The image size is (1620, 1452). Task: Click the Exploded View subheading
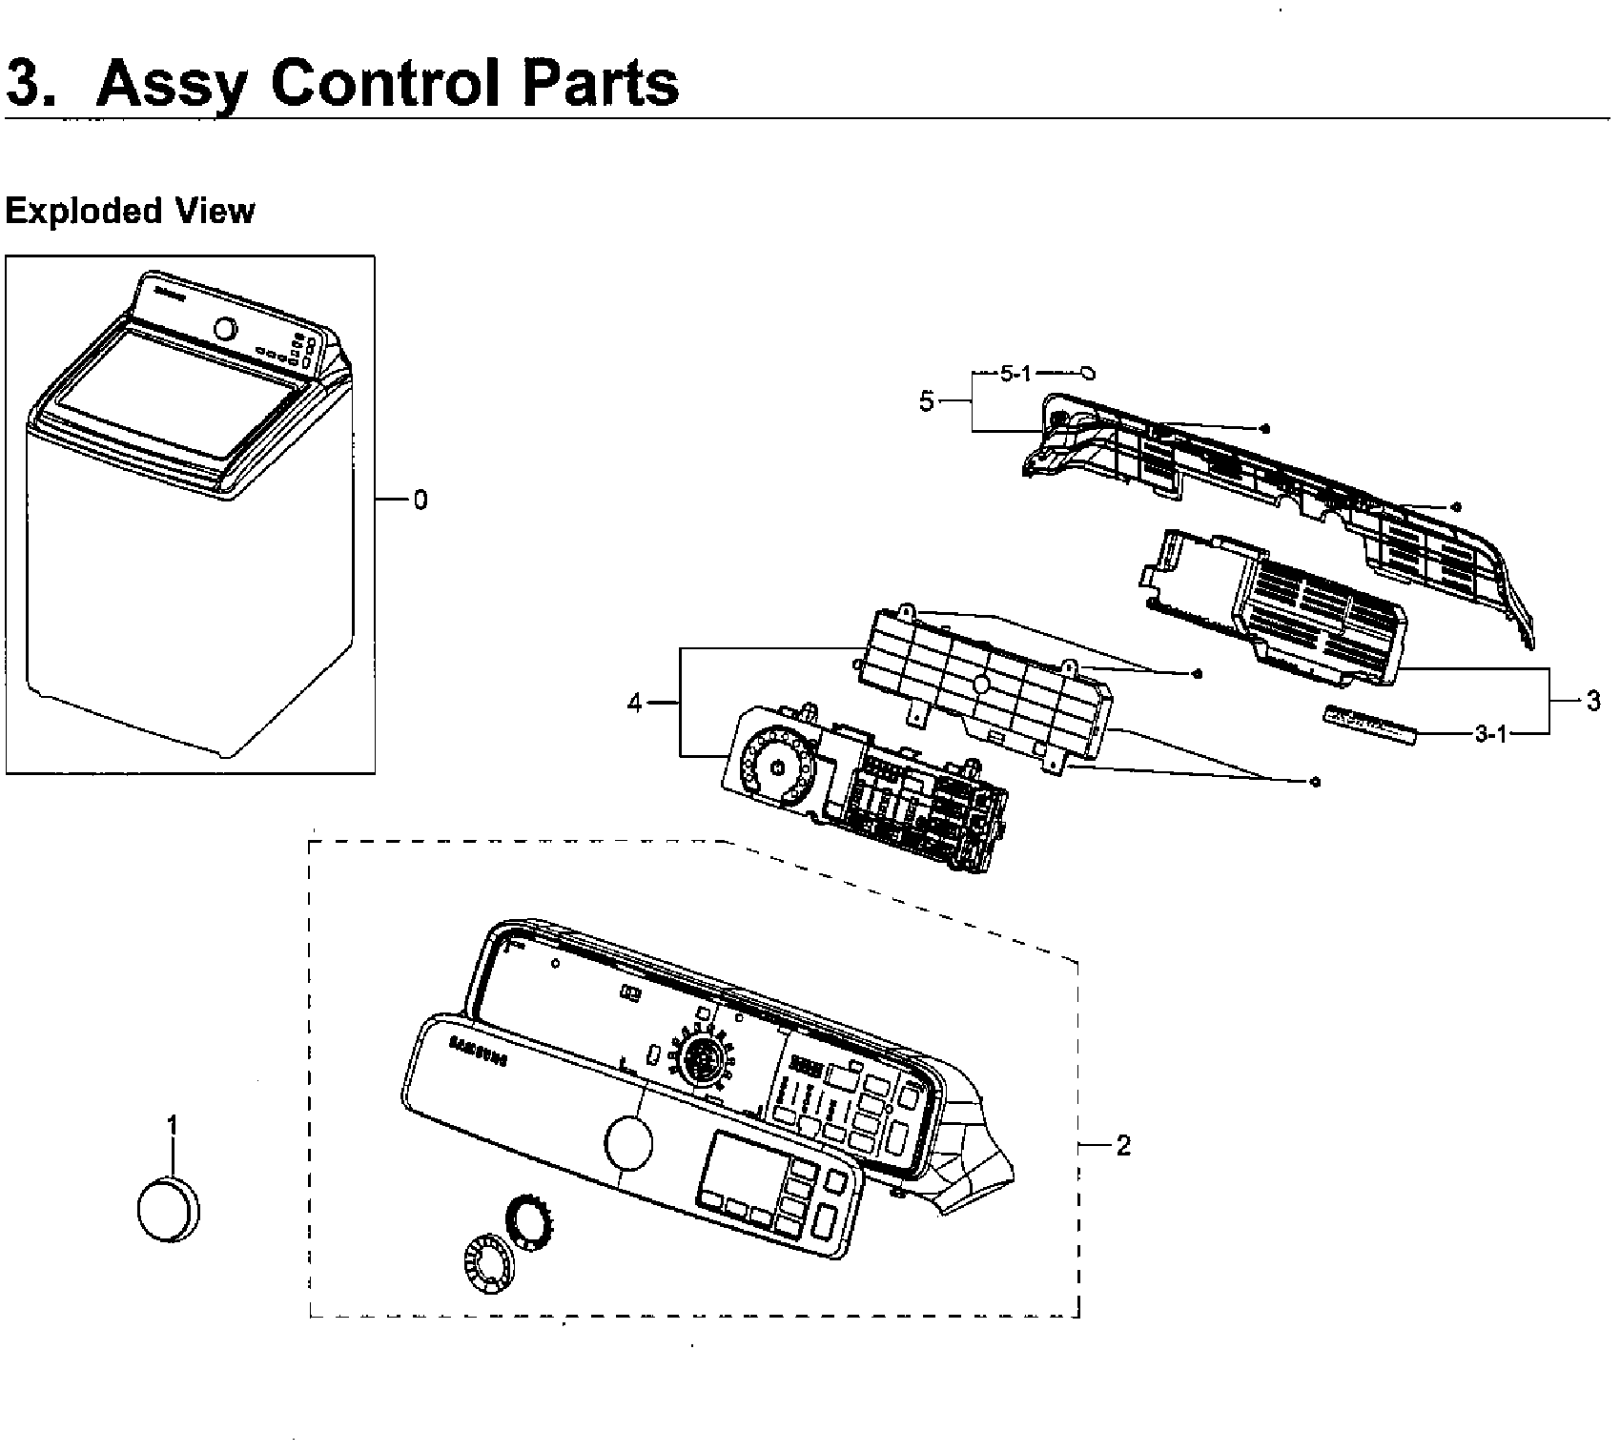click(130, 211)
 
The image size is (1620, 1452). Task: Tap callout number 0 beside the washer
click(420, 500)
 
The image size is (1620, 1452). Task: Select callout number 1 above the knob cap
click(173, 1126)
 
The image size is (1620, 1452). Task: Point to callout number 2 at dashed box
click(1122, 1145)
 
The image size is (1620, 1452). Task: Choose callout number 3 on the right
click(1592, 702)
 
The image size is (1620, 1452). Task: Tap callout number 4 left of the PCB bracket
click(635, 704)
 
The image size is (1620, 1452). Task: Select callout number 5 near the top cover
click(927, 401)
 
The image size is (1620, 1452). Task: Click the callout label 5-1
click(1015, 373)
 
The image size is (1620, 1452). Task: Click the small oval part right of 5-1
click(1089, 373)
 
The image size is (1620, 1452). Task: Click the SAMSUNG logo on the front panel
click(477, 1053)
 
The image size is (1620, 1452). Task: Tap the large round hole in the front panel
click(628, 1142)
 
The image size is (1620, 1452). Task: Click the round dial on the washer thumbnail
click(225, 329)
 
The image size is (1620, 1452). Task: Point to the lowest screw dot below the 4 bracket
click(1315, 782)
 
